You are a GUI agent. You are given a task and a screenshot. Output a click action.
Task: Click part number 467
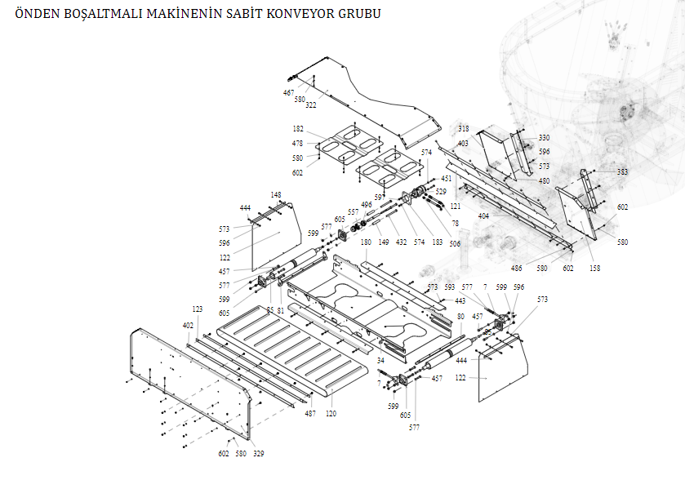(x=289, y=93)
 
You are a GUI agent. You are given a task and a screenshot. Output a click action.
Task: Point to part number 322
(x=311, y=105)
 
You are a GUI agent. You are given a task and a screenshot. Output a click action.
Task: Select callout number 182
(x=298, y=129)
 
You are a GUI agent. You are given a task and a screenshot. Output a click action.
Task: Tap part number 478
(x=298, y=144)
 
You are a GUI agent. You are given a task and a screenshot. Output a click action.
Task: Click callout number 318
(x=463, y=129)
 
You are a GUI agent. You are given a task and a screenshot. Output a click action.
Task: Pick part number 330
(x=544, y=138)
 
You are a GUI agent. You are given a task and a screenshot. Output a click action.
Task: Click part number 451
(x=446, y=178)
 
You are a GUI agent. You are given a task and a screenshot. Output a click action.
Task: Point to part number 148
(x=276, y=195)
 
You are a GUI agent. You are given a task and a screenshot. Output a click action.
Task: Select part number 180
(x=366, y=242)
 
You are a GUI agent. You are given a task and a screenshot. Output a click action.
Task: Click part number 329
(x=259, y=453)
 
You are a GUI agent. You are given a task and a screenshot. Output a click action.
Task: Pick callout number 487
(x=310, y=414)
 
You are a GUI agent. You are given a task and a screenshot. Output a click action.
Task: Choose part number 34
(x=380, y=360)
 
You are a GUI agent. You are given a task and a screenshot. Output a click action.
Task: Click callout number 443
(x=460, y=300)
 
